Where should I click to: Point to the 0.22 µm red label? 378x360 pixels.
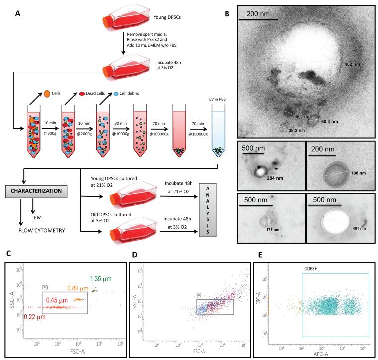click(x=21, y=316)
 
